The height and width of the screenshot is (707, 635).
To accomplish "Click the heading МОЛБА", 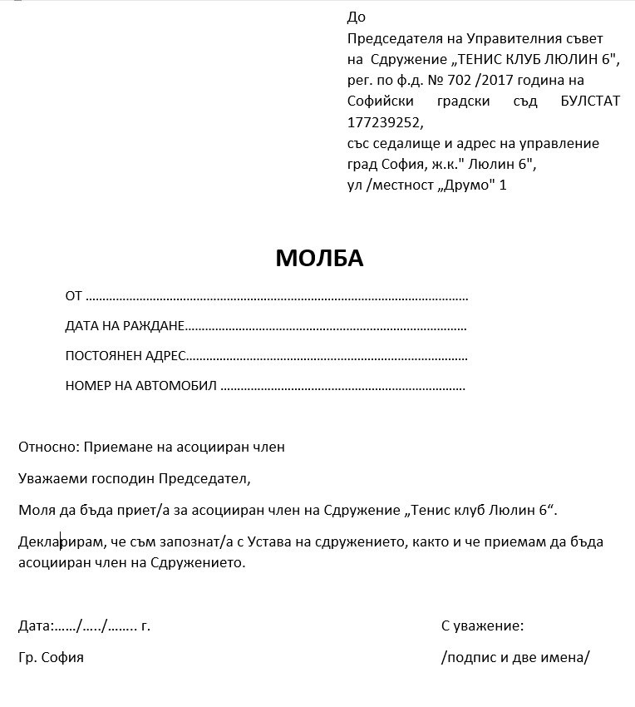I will click(x=319, y=259).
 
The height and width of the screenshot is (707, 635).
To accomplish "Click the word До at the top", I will click(x=356, y=17).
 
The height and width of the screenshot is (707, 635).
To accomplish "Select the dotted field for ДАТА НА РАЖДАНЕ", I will click(x=325, y=327).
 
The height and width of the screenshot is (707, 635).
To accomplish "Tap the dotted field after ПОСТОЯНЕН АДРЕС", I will click(x=326, y=357).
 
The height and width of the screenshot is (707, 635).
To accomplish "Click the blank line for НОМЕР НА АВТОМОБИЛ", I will click(x=342, y=387).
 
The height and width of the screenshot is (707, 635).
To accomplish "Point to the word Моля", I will click(x=34, y=510).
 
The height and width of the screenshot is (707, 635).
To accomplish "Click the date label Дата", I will click(x=35, y=625).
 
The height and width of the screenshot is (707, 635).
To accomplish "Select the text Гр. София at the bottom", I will click(x=51, y=657).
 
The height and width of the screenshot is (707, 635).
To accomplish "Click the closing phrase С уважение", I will click(x=482, y=625).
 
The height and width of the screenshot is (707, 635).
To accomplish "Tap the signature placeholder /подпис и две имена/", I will click(x=515, y=657).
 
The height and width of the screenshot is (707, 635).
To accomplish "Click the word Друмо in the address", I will click(x=465, y=185).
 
